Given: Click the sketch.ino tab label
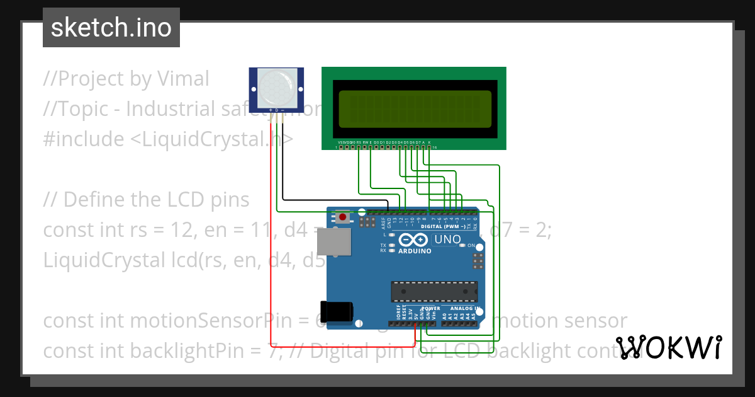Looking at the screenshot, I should [111, 28].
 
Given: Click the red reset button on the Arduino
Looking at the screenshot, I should [342, 218].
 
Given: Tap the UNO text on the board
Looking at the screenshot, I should [448, 239].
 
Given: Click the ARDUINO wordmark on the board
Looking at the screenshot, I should [415, 251].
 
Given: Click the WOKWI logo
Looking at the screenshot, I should [668, 347].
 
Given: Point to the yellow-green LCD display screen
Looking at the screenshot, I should [415, 108].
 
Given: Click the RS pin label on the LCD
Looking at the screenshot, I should [359, 142].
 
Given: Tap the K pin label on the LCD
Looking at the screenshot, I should [429, 142].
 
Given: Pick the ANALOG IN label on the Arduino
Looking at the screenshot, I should [466, 308].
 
